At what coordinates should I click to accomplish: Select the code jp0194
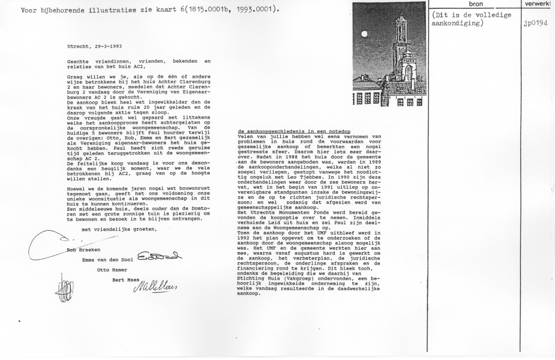535,25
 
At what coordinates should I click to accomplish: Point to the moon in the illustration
365,33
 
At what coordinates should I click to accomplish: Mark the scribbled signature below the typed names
62,288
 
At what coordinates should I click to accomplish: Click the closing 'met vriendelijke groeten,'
115,230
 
